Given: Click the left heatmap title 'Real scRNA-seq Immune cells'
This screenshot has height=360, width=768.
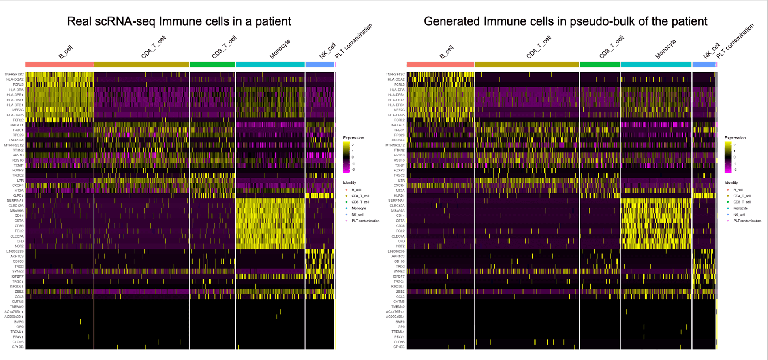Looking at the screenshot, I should [x=179, y=21].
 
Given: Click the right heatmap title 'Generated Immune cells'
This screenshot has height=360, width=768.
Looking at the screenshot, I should [x=565, y=21].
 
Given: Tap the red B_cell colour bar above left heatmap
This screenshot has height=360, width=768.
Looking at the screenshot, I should [x=59, y=64].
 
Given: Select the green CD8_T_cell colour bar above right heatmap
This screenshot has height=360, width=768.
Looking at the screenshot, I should [x=600, y=64].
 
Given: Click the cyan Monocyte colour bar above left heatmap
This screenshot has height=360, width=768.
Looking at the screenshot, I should [x=270, y=64].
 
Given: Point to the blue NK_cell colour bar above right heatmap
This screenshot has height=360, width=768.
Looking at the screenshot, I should [x=704, y=64].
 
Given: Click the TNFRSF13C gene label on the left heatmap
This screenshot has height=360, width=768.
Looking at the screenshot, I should [x=15, y=75].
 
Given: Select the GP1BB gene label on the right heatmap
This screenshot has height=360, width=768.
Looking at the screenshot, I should [x=399, y=347].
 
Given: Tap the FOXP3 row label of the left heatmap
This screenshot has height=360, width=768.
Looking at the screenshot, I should [x=18, y=170].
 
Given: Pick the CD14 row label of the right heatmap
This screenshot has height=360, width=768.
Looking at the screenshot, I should [x=400, y=216].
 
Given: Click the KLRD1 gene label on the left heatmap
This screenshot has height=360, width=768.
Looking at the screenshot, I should [x=18, y=195].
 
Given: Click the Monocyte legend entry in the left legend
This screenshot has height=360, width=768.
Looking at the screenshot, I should [x=358, y=208].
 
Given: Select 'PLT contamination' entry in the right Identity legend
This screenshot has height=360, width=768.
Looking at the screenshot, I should [x=747, y=221].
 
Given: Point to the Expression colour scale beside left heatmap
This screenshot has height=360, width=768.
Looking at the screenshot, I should [x=346, y=157].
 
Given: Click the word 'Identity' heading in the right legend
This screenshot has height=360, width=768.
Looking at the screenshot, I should [x=731, y=182].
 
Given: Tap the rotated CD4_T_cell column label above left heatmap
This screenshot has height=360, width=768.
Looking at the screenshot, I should [x=153, y=47].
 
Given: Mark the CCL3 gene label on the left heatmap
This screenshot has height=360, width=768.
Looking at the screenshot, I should [x=19, y=297].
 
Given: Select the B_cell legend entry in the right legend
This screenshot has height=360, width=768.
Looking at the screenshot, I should [x=738, y=190].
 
